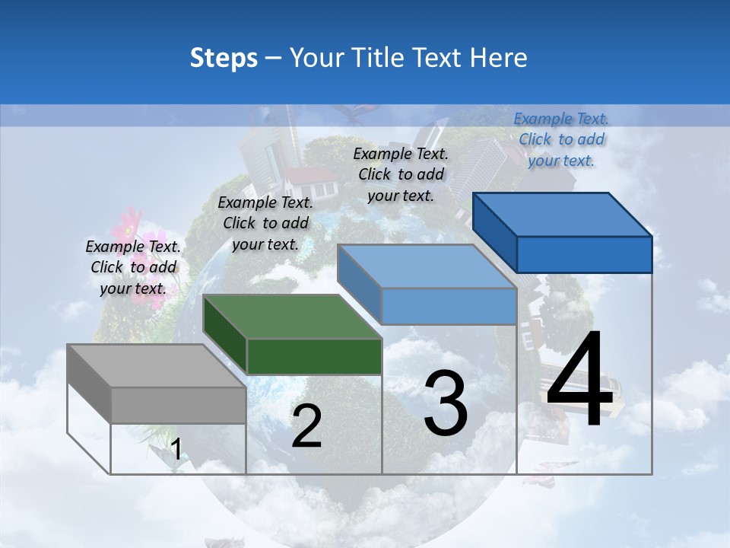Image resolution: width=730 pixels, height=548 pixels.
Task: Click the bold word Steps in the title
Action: (224, 58)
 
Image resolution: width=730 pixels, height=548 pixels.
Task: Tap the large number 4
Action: (579, 381)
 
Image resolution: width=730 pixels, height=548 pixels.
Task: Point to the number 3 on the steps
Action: (446, 403)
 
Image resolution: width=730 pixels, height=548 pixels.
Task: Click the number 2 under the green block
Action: (306, 426)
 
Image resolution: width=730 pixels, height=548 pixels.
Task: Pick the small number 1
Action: (176, 450)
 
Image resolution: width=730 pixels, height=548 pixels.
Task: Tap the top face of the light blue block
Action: (426, 267)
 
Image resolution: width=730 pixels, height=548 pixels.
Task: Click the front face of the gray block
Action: (179, 405)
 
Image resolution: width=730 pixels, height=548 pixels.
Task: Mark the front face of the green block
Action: (314, 356)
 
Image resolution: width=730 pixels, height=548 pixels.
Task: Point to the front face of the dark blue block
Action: (584, 254)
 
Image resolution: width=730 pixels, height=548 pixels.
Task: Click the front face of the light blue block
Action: (449, 306)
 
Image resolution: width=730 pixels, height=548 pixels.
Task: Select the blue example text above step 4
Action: (561, 139)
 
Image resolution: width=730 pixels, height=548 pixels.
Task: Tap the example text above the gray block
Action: (133, 267)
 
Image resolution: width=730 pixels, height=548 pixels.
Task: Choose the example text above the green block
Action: (265, 223)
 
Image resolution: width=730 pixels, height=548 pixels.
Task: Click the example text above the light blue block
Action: (401, 174)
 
